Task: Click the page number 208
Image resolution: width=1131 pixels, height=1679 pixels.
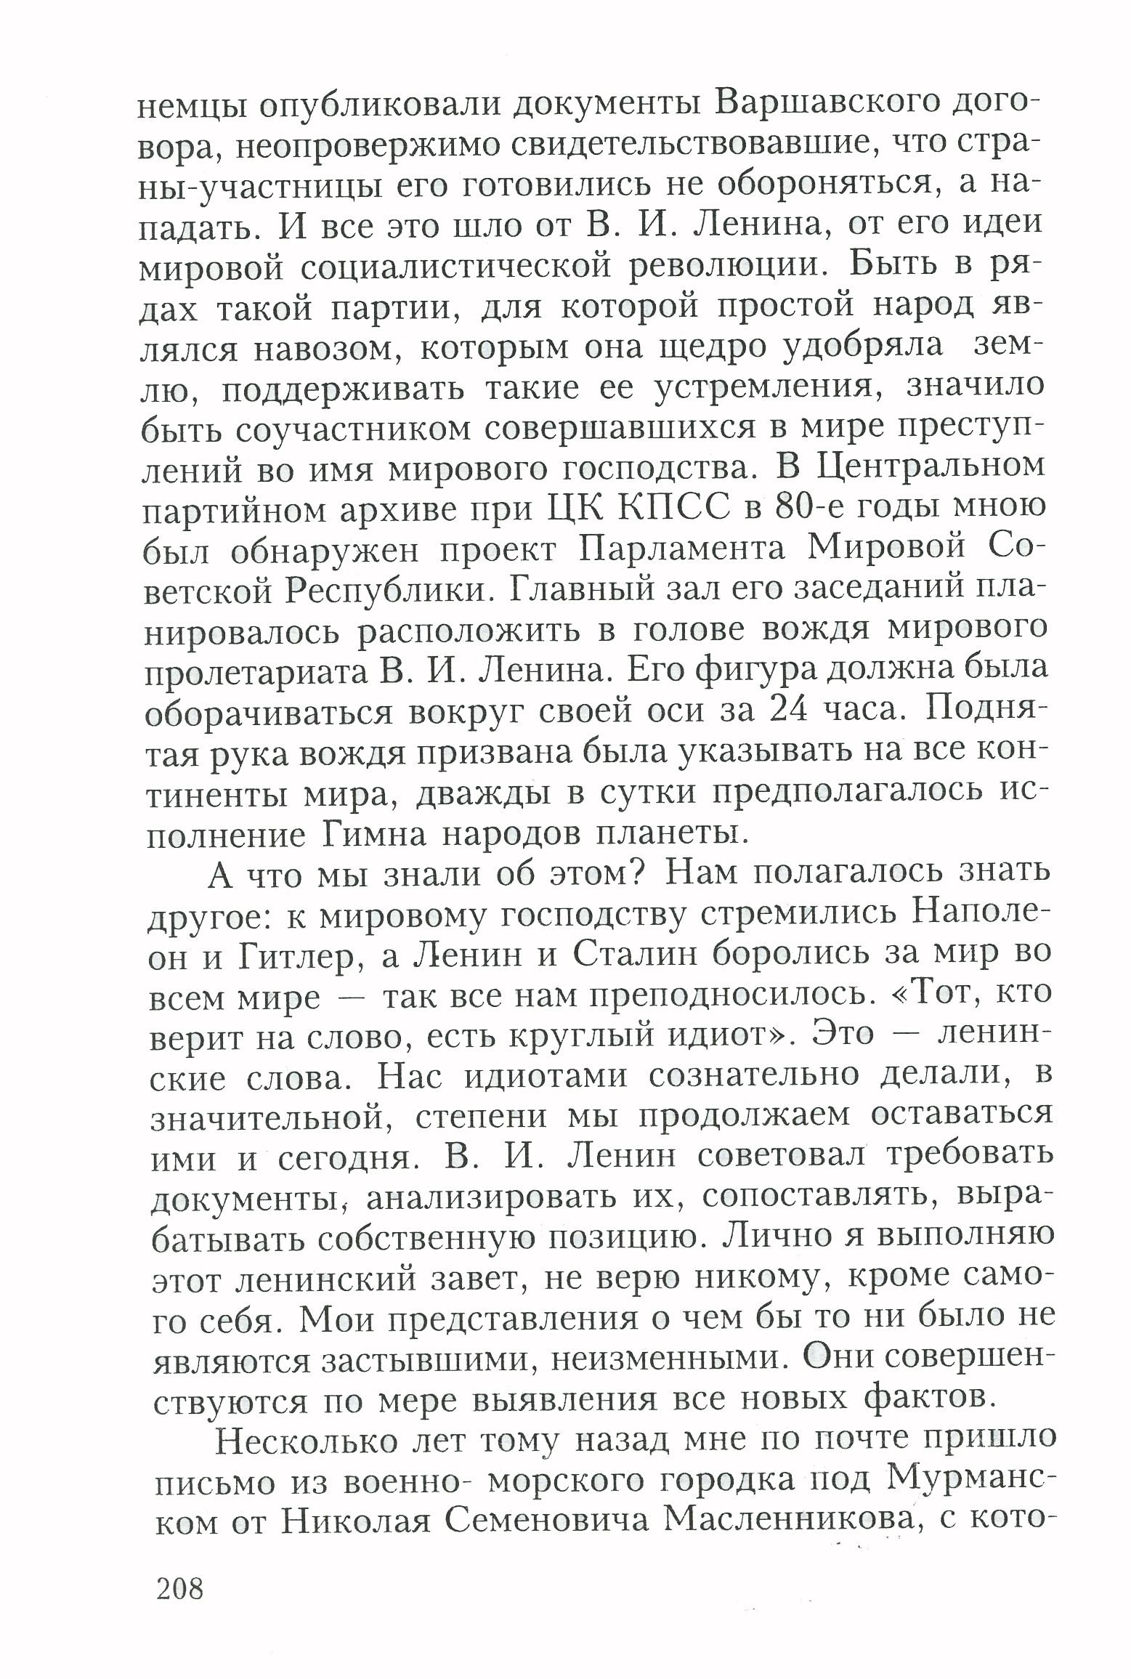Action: pyautogui.click(x=179, y=1590)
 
